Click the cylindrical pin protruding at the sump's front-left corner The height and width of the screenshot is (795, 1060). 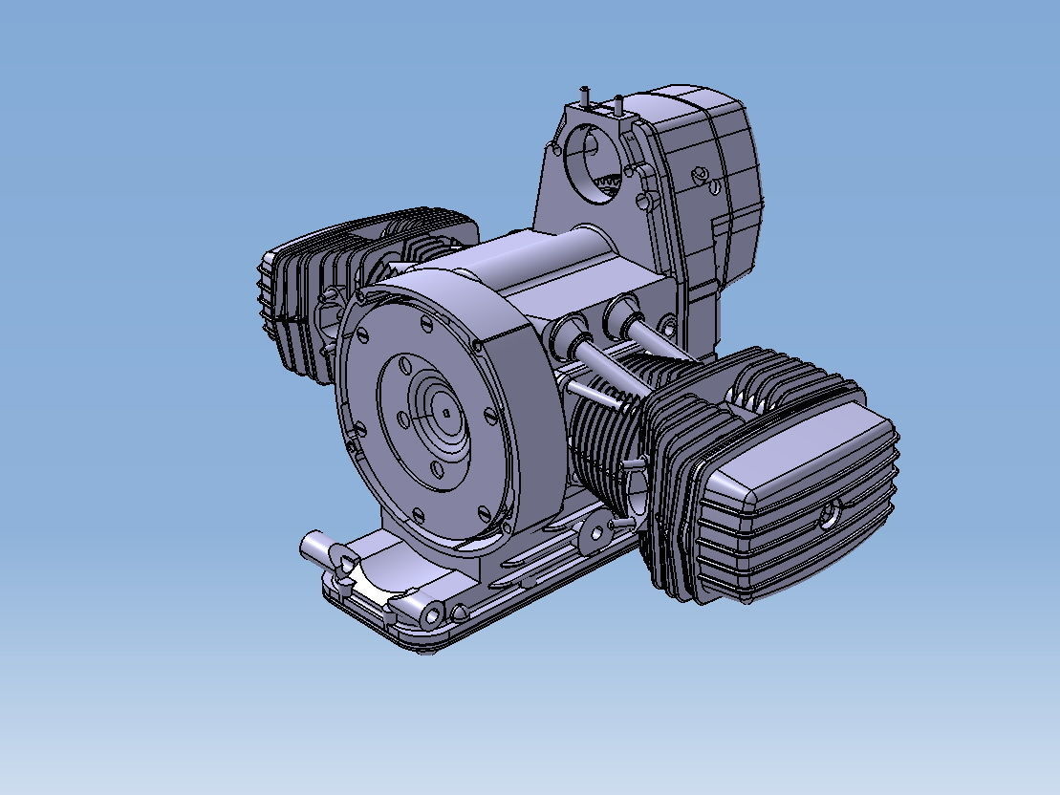point(315,548)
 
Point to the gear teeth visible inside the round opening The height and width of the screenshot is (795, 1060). point(609,181)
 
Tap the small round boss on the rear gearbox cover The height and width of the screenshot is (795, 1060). point(701,174)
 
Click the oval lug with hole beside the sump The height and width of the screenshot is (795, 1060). point(598,529)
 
